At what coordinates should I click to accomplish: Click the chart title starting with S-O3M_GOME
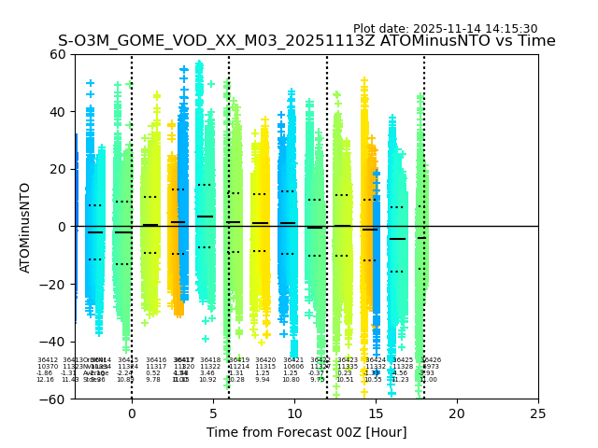306,41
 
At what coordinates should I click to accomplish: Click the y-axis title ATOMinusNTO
25,227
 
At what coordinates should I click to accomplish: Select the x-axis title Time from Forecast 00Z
306,432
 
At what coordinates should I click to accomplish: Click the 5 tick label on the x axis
213,413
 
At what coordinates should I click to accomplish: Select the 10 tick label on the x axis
294,413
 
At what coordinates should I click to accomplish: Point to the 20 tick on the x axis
457,413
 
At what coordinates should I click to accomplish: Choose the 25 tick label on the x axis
538,413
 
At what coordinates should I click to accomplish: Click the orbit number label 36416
156,360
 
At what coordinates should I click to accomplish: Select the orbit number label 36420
265,360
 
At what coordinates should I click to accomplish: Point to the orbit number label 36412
48,360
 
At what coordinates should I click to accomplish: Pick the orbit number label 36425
403,360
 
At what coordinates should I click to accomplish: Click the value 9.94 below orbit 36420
263,380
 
